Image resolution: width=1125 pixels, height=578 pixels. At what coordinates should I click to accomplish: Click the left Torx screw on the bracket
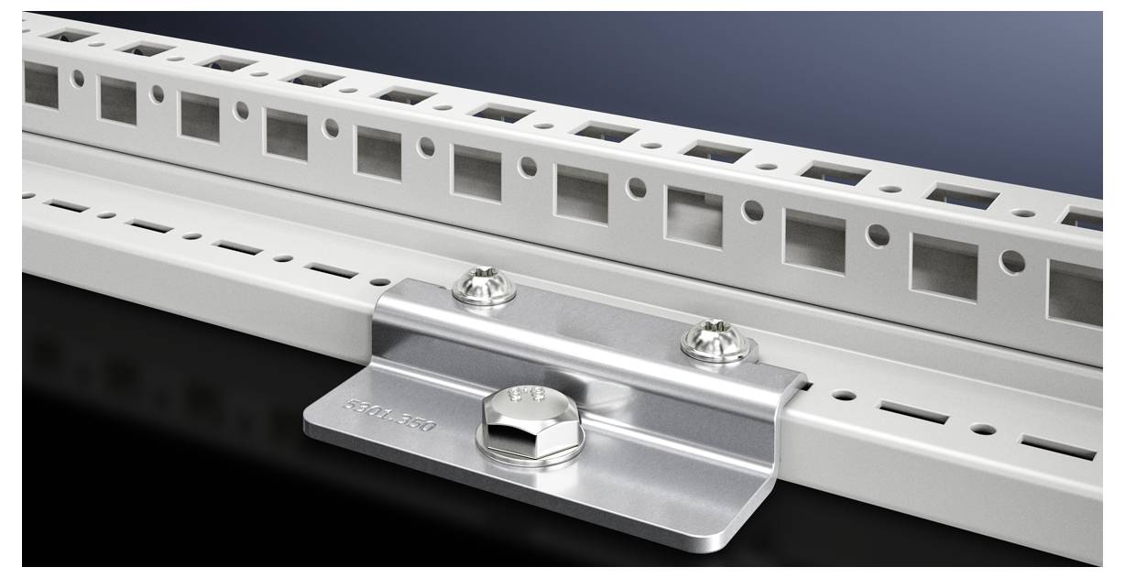point(484,285)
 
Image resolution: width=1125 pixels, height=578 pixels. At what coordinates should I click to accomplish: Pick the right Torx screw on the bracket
point(715,339)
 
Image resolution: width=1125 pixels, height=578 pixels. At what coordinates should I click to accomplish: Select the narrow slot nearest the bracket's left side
point(330,270)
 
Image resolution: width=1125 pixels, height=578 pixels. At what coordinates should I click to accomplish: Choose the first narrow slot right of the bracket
point(913,413)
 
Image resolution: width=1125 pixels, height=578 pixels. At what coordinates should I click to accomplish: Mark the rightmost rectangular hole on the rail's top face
point(1083,219)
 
